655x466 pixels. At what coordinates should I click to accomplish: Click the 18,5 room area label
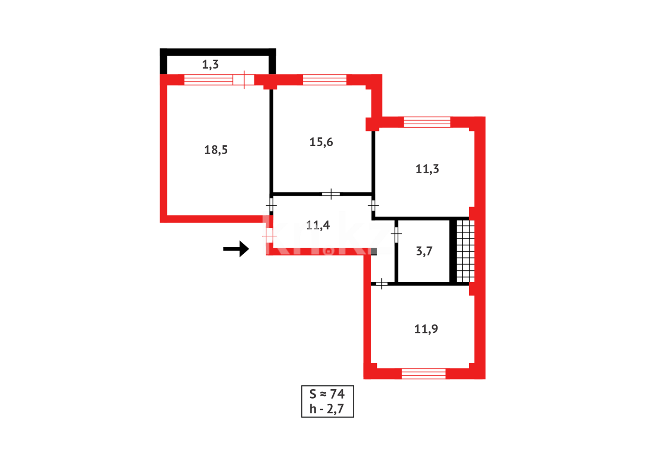216,150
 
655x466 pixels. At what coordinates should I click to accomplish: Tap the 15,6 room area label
321,142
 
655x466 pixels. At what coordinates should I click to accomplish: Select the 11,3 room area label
427,169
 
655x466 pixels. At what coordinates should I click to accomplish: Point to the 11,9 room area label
426,329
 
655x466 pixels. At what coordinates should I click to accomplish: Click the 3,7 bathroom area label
424,251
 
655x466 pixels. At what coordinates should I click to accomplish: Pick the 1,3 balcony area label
210,65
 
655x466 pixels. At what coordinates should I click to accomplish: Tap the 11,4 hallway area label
318,225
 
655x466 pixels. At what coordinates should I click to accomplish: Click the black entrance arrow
236,249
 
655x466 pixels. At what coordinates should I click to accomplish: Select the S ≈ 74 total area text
327,394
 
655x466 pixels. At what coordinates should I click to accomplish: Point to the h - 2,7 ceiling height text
327,409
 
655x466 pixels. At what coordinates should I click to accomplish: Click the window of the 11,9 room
423,374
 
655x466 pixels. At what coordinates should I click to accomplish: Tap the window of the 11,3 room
427,122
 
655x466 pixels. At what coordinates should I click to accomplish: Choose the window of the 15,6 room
324,80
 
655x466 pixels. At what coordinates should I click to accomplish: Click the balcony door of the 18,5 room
244,80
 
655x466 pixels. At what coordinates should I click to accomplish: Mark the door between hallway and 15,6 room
331,194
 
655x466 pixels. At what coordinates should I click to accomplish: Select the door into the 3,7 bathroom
396,234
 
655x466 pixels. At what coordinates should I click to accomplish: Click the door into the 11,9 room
382,283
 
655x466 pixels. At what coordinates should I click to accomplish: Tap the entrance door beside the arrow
269,236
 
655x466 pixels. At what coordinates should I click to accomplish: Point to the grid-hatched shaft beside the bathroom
465,251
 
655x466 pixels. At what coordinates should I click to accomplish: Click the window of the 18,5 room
208,80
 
